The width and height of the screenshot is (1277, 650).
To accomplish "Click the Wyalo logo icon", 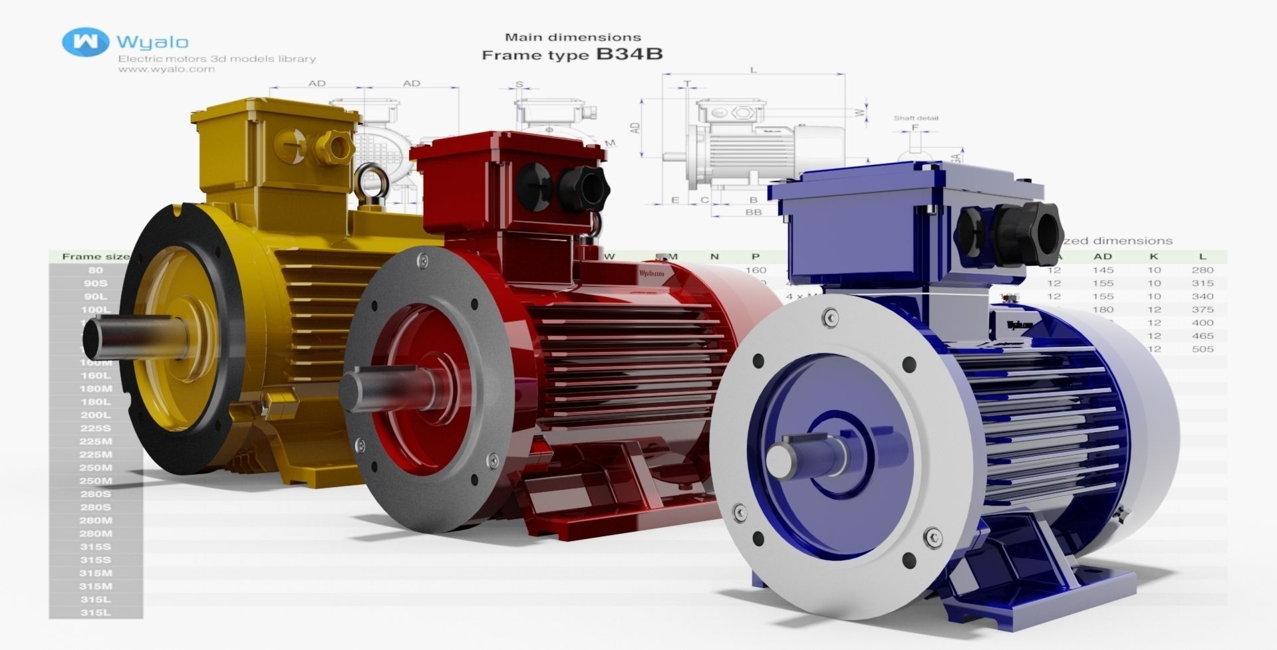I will (85, 41).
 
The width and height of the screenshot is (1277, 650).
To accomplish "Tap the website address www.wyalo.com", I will (166, 69).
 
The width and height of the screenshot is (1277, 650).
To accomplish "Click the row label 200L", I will (95, 415).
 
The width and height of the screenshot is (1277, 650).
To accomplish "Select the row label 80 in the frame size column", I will (95, 271).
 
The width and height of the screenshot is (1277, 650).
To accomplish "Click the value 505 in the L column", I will (1203, 349).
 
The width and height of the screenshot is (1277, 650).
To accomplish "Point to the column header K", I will (1154, 257).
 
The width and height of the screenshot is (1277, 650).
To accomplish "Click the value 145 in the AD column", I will (1103, 271).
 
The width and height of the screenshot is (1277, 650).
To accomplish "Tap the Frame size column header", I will (90, 257).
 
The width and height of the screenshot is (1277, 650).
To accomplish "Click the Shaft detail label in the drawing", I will (915, 118).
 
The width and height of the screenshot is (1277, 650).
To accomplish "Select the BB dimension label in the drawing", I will (753, 213).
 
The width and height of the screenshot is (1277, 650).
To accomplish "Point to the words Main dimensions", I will (573, 37).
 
